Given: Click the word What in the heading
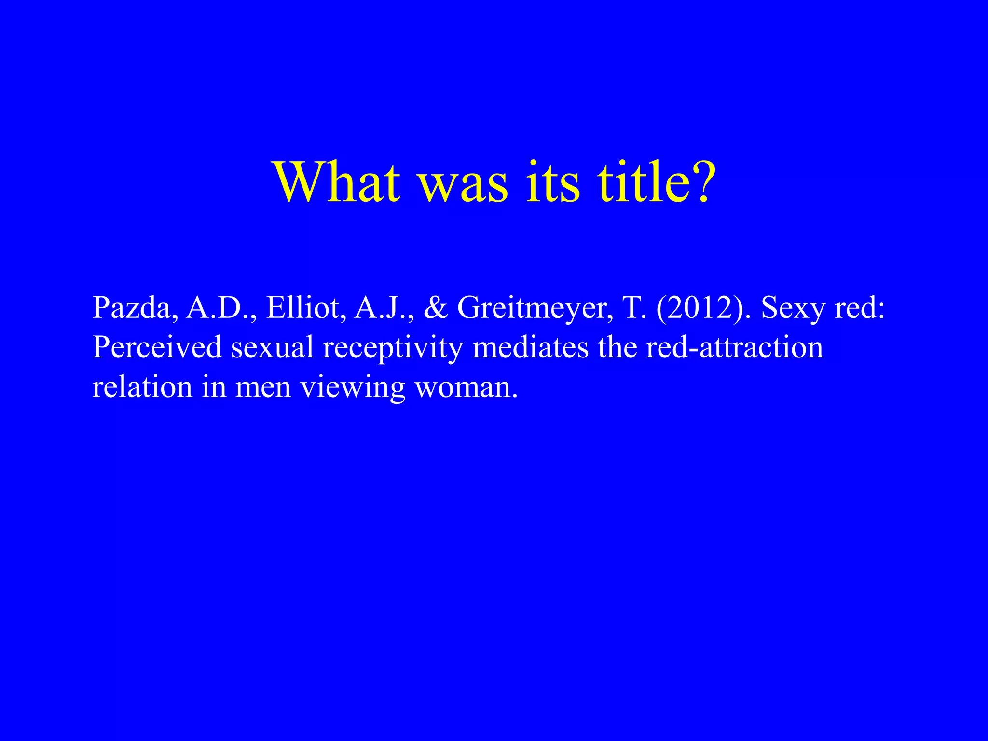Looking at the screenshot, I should (337, 182).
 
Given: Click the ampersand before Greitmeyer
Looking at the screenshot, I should (435, 308).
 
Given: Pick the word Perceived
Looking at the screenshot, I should (157, 347).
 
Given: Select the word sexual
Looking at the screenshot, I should (273, 347).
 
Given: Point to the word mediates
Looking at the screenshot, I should (530, 347).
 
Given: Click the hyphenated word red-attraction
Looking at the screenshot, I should (734, 347).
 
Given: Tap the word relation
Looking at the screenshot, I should (142, 387).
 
